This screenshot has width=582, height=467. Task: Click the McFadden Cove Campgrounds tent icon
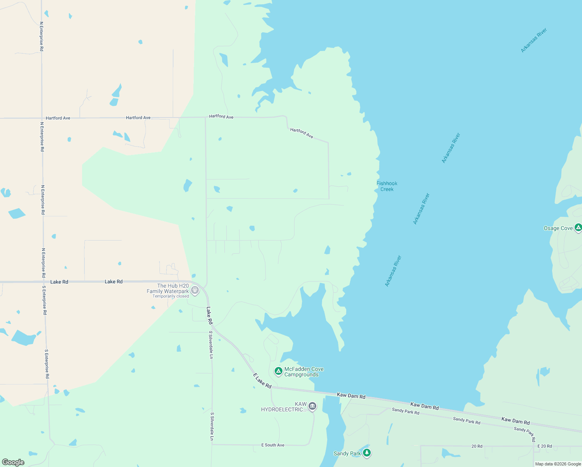(x=278, y=371)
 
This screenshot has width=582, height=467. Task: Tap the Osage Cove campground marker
(x=578, y=228)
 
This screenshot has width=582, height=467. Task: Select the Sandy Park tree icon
(x=366, y=453)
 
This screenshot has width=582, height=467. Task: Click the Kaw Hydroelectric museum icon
(x=312, y=407)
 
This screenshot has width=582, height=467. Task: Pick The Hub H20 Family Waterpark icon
(x=195, y=290)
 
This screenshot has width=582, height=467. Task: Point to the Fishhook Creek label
(x=387, y=186)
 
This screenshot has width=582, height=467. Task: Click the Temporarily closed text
(x=170, y=297)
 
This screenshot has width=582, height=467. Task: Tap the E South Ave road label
(x=273, y=445)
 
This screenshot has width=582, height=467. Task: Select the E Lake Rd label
(x=262, y=381)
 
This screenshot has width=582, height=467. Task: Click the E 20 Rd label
(x=544, y=446)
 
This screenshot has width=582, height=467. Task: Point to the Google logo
(x=13, y=462)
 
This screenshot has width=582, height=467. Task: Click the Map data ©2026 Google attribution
(x=558, y=464)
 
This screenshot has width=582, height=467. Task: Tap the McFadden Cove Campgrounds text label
(x=303, y=372)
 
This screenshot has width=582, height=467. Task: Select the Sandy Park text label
(x=347, y=453)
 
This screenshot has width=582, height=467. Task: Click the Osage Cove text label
(x=558, y=228)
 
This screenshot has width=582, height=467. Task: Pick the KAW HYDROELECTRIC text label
(x=284, y=407)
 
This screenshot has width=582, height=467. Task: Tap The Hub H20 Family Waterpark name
(x=168, y=288)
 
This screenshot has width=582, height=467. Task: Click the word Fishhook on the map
(x=387, y=183)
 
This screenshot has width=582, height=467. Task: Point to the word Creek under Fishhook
(x=387, y=189)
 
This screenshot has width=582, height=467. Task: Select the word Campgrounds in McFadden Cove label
(x=301, y=375)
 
